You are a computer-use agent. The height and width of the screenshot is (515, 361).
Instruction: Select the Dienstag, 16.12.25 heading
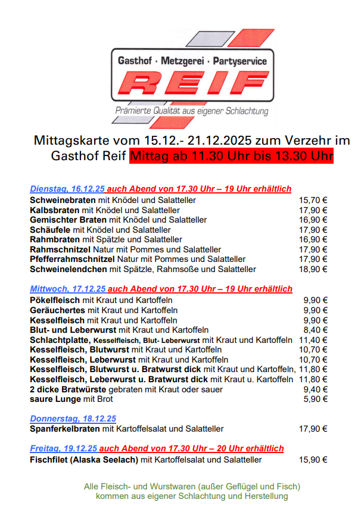pos(67,189)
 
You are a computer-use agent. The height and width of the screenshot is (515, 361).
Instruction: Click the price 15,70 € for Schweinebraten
pos(313,201)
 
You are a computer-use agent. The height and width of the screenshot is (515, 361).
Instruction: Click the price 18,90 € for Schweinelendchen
pos(313,269)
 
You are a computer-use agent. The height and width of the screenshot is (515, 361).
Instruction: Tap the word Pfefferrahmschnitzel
pos(72,259)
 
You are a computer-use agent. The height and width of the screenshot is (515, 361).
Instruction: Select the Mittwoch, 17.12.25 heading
pos(67,289)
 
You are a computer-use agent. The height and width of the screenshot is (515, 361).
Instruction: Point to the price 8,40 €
pos(315,330)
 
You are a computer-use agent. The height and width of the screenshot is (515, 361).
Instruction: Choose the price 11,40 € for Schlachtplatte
pos(313,339)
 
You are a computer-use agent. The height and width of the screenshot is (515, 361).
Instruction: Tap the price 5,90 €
pos(315,398)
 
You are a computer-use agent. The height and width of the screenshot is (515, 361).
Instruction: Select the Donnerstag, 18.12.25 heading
pos(73,419)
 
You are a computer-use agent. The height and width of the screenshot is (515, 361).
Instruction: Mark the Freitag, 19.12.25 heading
pos(63,448)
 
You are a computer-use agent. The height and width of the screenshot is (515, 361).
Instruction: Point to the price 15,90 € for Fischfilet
pos(313,460)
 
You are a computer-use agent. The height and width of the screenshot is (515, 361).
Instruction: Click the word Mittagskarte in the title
pos(72,141)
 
